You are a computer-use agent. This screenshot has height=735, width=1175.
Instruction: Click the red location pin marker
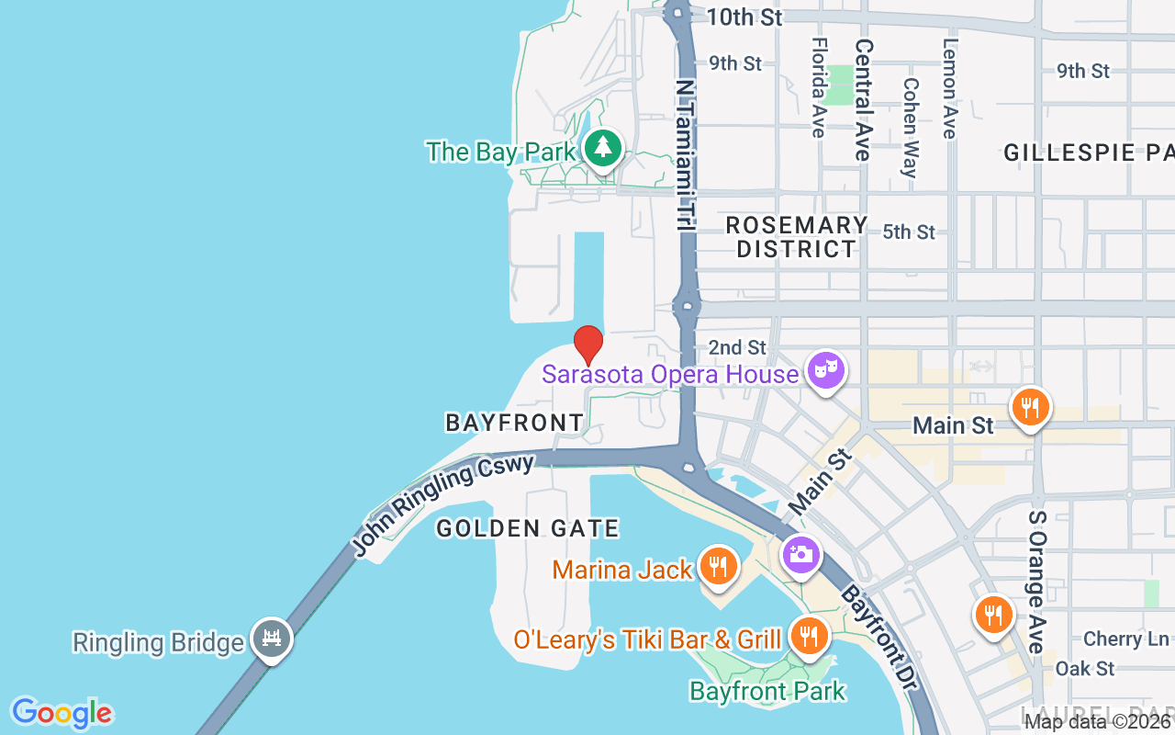click(x=588, y=345)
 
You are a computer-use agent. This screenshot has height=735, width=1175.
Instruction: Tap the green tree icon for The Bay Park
click(x=602, y=147)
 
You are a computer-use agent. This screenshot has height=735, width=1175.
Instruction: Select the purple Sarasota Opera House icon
click(x=825, y=370)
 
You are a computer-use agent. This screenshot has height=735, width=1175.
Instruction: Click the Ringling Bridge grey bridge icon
click(x=271, y=637)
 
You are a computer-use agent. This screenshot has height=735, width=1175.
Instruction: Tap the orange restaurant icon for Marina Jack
click(x=718, y=566)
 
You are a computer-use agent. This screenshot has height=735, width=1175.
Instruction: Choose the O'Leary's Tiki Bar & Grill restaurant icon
click(x=808, y=634)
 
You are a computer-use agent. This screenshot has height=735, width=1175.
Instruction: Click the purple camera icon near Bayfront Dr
click(x=800, y=554)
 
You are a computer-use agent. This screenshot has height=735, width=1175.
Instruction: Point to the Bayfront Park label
click(x=767, y=691)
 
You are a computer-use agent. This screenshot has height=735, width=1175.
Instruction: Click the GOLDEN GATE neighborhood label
click(x=528, y=528)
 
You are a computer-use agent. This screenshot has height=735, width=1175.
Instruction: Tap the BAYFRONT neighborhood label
click(x=514, y=423)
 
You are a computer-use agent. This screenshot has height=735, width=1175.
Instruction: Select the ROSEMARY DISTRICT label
click(x=796, y=237)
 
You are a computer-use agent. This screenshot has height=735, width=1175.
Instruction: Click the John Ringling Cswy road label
click(x=443, y=504)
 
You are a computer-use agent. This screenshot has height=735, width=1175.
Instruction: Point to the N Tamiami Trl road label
click(x=685, y=153)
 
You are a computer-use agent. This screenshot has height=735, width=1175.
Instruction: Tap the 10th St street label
click(x=745, y=17)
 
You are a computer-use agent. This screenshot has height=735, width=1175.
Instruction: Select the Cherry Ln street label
click(x=1126, y=639)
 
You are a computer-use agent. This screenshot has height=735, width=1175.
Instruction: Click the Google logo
click(x=62, y=713)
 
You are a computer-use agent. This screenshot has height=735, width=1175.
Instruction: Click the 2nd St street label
click(x=737, y=347)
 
